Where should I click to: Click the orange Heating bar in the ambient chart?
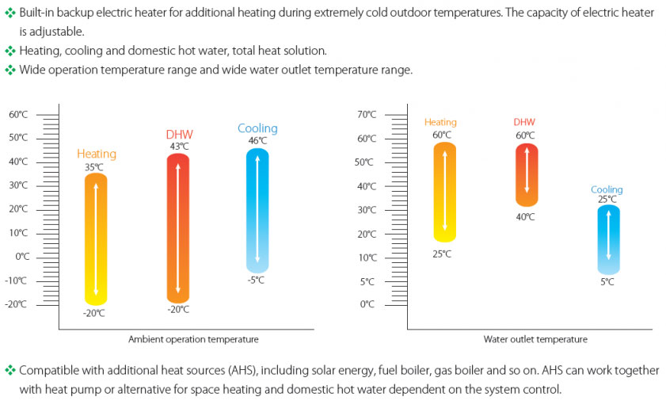(96, 238)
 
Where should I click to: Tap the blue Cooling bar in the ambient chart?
(257, 211)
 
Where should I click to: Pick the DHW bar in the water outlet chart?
(526, 174)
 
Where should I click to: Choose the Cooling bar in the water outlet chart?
(608, 240)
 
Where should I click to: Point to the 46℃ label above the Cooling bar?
(257, 141)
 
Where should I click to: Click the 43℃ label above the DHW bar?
(179, 147)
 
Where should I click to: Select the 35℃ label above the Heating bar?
(94, 167)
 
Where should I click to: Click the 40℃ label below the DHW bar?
(525, 216)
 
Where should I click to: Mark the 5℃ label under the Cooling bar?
(607, 282)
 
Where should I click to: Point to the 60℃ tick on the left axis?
(18, 114)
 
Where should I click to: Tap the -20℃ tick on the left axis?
(18, 304)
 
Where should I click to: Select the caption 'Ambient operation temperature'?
(193, 340)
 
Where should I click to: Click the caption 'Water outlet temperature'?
(535, 340)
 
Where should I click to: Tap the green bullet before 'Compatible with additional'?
(10, 371)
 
